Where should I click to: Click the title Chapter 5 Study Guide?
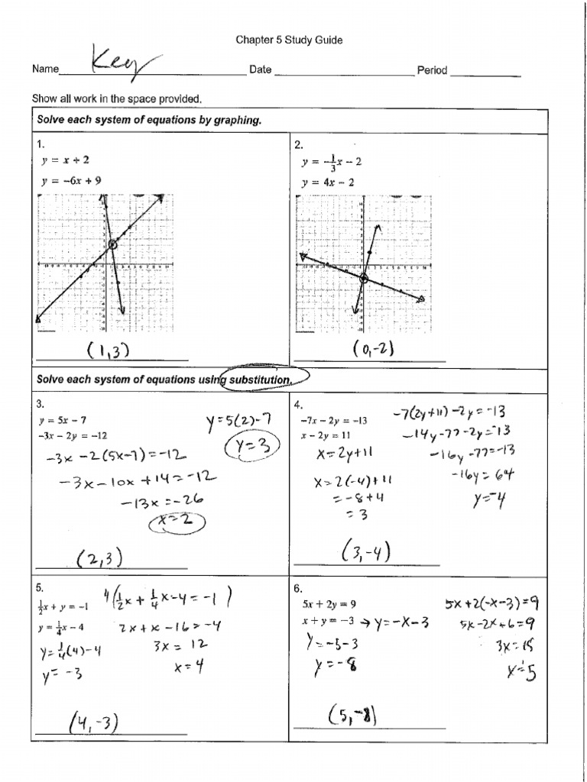point(288,40)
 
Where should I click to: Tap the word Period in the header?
point(432,70)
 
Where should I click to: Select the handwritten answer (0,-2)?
point(373,349)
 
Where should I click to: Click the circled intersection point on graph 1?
point(113,244)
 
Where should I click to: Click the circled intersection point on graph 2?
point(363,280)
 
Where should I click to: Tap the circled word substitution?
point(264,380)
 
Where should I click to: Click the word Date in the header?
point(261,70)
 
